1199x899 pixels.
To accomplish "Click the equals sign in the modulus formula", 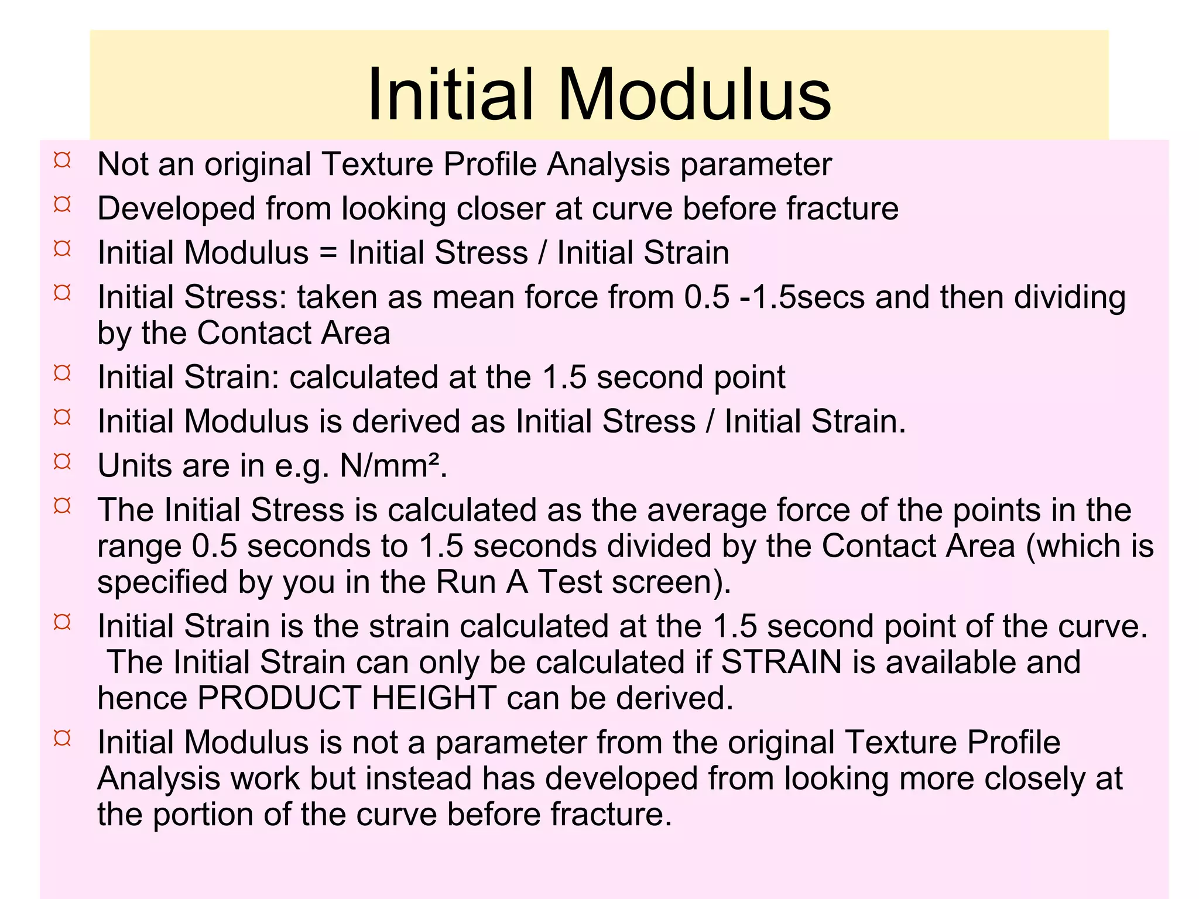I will [x=328, y=253].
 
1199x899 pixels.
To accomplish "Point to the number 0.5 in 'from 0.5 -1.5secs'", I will [x=707, y=297].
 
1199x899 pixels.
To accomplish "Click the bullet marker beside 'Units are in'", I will [x=62, y=462].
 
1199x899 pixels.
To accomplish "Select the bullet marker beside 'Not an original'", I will [x=62, y=160].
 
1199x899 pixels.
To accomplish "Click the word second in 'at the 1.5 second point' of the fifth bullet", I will [x=650, y=378].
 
